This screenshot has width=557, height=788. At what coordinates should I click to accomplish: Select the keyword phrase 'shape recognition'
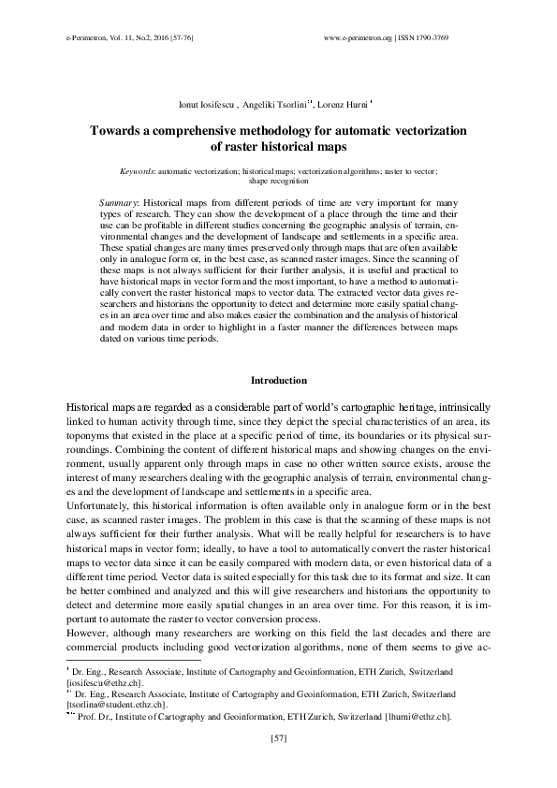pyautogui.click(x=278, y=182)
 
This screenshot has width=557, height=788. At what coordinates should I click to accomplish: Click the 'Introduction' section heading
pyautogui.click(x=278, y=380)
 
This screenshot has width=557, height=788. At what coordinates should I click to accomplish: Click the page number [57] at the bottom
pyautogui.click(x=278, y=739)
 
